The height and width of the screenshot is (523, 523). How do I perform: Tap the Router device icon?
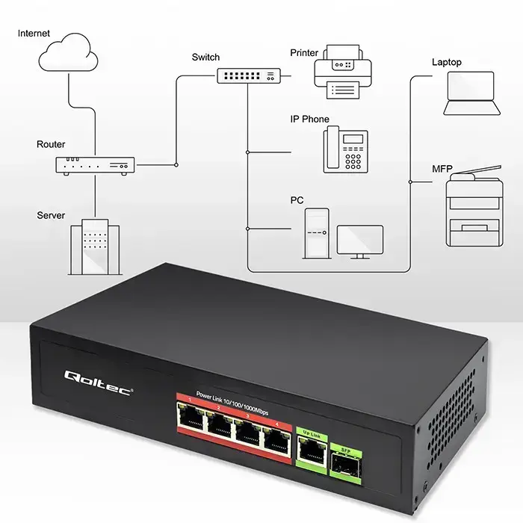click(94, 165)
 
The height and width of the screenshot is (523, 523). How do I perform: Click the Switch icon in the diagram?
click(249, 75)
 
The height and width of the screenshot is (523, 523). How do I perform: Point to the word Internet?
click(34, 34)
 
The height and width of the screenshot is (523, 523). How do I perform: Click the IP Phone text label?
click(309, 120)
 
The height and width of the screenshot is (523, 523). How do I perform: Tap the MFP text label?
click(442, 168)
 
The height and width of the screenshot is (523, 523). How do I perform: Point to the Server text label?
click(51, 216)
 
